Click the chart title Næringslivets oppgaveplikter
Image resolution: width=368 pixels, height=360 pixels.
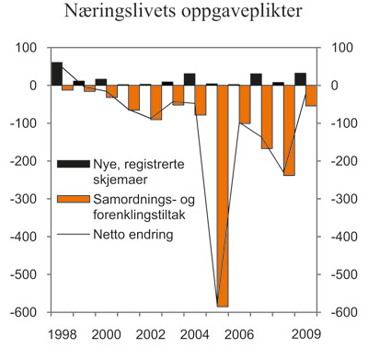tap(184, 14)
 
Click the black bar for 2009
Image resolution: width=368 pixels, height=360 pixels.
tap(300, 79)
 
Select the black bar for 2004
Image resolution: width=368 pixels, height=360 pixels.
tap(190, 79)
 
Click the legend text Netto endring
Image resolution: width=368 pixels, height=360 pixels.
tap(130, 234)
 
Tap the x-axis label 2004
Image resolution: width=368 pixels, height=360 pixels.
tap(192, 334)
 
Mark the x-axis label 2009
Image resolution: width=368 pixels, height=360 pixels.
tap(305, 334)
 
